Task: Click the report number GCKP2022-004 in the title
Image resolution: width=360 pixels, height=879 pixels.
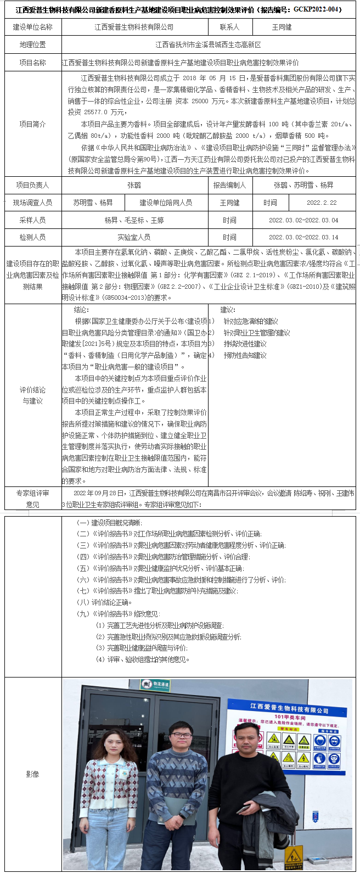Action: tap(317, 10)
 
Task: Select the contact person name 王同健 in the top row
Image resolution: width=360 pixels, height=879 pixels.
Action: tap(282, 27)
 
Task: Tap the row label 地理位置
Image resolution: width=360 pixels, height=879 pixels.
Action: tap(33, 44)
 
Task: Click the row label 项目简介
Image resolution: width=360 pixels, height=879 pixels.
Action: tap(33, 125)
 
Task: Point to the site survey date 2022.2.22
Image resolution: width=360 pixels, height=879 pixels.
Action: tap(322, 203)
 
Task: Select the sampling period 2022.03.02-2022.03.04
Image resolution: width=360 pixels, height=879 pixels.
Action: tap(303, 220)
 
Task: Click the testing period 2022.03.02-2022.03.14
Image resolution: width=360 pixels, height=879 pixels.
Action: tap(303, 238)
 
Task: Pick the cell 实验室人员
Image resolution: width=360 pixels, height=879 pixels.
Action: tap(134, 238)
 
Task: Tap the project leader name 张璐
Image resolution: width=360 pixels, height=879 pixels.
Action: tap(134, 186)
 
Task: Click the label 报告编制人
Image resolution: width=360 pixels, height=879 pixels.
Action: tap(230, 186)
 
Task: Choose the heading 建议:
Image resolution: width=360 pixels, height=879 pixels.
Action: tap(228, 310)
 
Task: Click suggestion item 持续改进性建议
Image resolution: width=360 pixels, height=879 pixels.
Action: tap(245, 344)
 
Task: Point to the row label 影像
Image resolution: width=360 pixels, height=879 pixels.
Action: tap(33, 774)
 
